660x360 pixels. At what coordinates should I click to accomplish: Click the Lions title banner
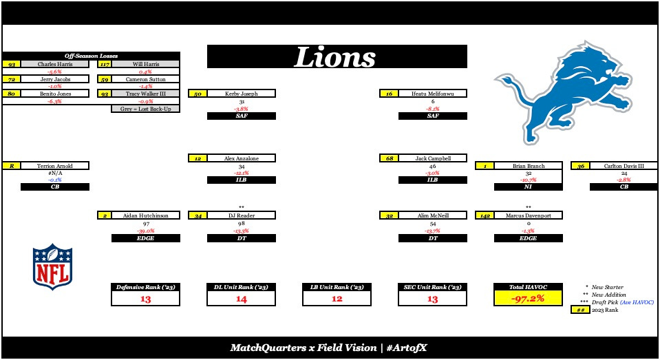pyautogui.click(x=337, y=56)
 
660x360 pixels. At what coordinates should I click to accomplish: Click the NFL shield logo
pyautogui.click(x=52, y=266)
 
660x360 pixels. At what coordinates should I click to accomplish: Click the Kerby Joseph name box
pyautogui.click(x=241, y=94)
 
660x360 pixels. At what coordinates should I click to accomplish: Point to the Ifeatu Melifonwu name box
pyautogui.click(x=432, y=94)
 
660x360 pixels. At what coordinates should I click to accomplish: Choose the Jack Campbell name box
pyautogui.click(x=432, y=158)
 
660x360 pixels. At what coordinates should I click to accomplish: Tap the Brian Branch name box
pyautogui.click(x=528, y=166)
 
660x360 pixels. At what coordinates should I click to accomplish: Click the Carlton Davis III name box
pyautogui.click(x=623, y=166)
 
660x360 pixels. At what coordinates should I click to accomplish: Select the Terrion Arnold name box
pyautogui.click(x=55, y=166)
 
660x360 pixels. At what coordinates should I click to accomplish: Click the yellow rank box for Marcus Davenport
pyautogui.click(x=485, y=215)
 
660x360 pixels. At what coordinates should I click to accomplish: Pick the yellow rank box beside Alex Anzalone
pyautogui.click(x=198, y=158)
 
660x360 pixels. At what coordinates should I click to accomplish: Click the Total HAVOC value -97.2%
pyautogui.click(x=528, y=299)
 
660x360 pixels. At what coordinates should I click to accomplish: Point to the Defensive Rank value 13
pyautogui.click(x=145, y=299)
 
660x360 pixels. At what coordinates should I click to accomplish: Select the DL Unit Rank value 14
pyautogui.click(x=241, y=299)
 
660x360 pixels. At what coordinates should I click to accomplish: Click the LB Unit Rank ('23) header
pyautogui.click(x=337, y=286)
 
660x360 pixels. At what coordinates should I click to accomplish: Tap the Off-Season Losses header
pyautogui.click(x=91, y=56)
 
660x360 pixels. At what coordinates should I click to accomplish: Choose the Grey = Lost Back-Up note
pyautogui.click(x=145, y=109)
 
